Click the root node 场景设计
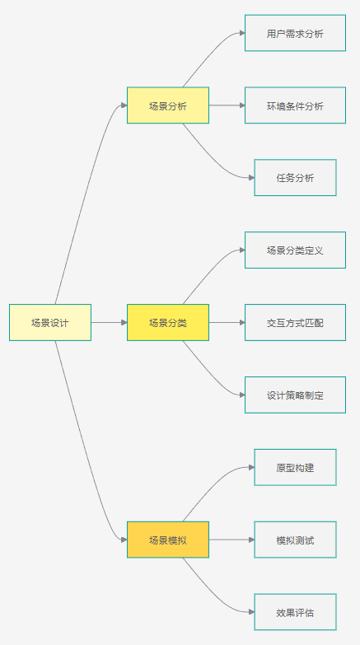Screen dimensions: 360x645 tap(50, 323)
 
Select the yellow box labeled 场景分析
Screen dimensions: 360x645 tap(168, 105)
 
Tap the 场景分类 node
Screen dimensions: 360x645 tap(168, 323)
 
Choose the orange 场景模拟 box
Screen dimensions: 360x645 tap(168, 540)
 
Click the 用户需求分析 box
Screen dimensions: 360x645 tap(296, 33)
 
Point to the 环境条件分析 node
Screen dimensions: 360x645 tap(296, 105)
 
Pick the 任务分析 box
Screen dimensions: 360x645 tap(296, 178)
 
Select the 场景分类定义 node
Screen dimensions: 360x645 tap(296, 250)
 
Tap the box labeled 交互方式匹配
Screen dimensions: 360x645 tap(296, 323)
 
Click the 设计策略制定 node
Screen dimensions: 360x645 tap(296, 395)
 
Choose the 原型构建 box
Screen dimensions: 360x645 tap(296, 467)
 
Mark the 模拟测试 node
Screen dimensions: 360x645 tap(296, 540)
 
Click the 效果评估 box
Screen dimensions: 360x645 tap(296, 612)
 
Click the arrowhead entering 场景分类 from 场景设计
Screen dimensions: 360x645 tap(124, 323)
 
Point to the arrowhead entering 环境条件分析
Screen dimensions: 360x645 tap(242, 105)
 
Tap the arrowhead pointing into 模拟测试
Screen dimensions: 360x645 tap(252, 540)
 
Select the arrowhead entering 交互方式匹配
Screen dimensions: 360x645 tap(242, 323)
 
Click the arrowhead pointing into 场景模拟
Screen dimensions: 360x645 tap(124, 540)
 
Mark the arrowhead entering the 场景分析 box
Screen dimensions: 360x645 tap(124, 105)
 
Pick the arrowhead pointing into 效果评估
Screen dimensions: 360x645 tap(252, 612)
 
